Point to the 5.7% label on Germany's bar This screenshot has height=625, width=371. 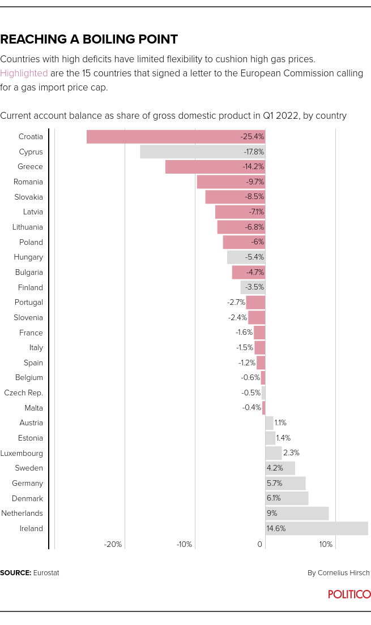pyautogui.click(x=274, y=484)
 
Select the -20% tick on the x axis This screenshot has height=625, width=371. pyautogui.click(x=113, y=545)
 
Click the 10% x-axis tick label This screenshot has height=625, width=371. pyautogui.click(x=326, y=545)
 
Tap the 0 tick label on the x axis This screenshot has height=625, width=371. pyautogui.click(x=260, y=545)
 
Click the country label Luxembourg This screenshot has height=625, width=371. pyautogui.click(x=22, y=453)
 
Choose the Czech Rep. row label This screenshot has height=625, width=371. pyautogui.click(x=23, y=393)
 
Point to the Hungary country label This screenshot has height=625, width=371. pyautogui.click(x=28, y=257)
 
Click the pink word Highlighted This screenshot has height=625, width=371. pyautogui.click(x=24, y=73)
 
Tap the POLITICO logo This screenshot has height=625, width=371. pyautogui.click(x=349, y=594)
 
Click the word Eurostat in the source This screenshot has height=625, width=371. pyautogui.click(x=46, y=573)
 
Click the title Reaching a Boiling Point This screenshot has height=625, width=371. pyautogui.click(x=89, y=39)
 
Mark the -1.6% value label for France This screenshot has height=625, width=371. pyautogui.click(x=244, y=333)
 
